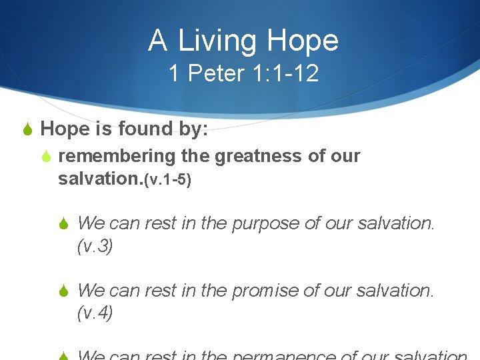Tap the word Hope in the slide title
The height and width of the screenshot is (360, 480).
click(x=303, y=41)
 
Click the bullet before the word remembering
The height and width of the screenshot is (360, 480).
click(x=47, y=157)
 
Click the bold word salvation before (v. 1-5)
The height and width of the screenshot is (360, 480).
click(x=100, y=179)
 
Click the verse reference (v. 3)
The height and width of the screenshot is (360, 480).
click(x=95, y=247)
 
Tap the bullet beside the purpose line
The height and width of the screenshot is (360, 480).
click(x=66, y=224)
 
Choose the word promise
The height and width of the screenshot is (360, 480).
click(x=265, y=290)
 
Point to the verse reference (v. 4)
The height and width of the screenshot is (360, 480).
click(x=95, y=313)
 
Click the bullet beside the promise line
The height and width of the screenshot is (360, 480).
click(x=66, y=291)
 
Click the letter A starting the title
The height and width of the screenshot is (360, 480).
click(x=157, y=41)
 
